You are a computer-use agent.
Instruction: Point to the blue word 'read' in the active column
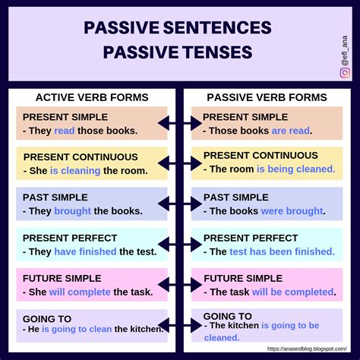pos(65,130)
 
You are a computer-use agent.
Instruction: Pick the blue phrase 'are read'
pos(290,130)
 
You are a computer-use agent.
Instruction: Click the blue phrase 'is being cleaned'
pos(295,169)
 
